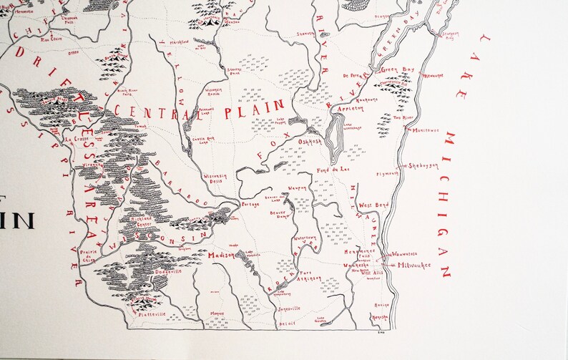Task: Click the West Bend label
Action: coord(373,205)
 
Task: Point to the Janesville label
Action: coord(286,308)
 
